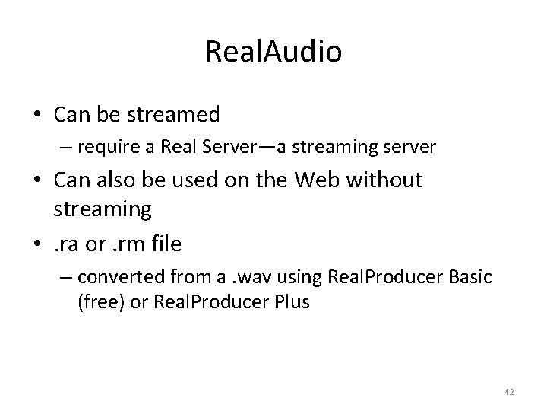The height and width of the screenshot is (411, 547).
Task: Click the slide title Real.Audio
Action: [x=273, y=52]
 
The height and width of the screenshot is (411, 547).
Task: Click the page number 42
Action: [x=509, y=391]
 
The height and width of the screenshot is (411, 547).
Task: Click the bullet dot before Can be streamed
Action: [x=35, y=116]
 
